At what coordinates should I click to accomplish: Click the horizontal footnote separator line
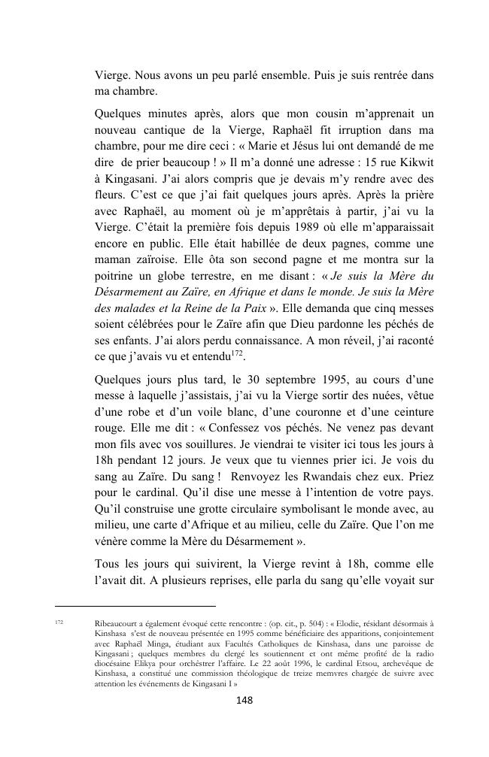[135, 606]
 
